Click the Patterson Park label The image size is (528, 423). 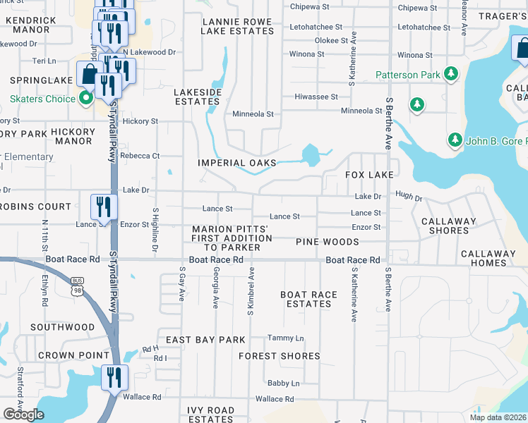(408, 75)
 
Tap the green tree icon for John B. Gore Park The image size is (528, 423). (455, 140)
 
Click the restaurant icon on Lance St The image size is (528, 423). (103, 207)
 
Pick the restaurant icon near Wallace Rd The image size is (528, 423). (113, 377)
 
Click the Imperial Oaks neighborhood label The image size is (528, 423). (236, 163)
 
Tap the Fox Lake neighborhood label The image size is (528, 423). (368, 174)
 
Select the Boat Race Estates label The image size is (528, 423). (309, 299)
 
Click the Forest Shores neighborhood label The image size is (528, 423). (280, 356)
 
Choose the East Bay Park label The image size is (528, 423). (205, 340)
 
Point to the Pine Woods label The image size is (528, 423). (328, 242)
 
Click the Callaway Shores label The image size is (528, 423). (449, 226)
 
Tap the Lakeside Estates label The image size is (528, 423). (198, 97)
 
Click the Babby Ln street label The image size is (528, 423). (283, 383)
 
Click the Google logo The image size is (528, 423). (23, 415)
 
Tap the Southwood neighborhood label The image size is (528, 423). (62, 327)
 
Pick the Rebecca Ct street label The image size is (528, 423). (140, 156)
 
